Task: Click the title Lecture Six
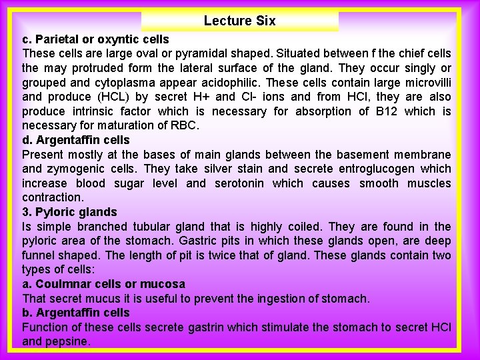[239, 21]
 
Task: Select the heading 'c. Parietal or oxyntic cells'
[95, 39]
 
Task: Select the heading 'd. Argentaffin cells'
[76, 140]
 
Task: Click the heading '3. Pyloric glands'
[69, 212]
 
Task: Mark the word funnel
[41, 255]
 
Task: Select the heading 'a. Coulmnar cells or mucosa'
[103, 284]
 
